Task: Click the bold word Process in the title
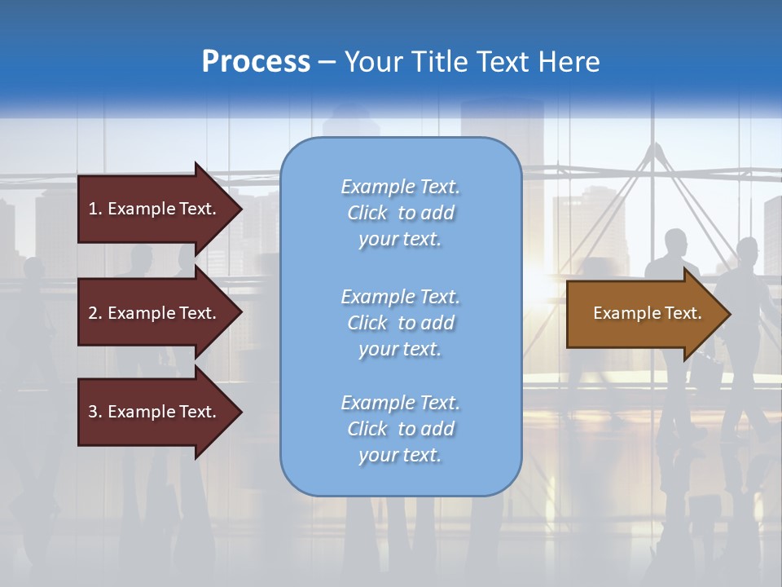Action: tap(256, 62)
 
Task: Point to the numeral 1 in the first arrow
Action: tap(93, 209)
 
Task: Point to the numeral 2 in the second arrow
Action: tap(93, 313)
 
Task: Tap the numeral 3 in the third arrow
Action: tap(93, 412)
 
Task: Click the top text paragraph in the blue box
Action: tap(400, 213)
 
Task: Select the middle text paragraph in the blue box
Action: tap(400, 323)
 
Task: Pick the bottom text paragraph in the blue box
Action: tap(400, 429)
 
